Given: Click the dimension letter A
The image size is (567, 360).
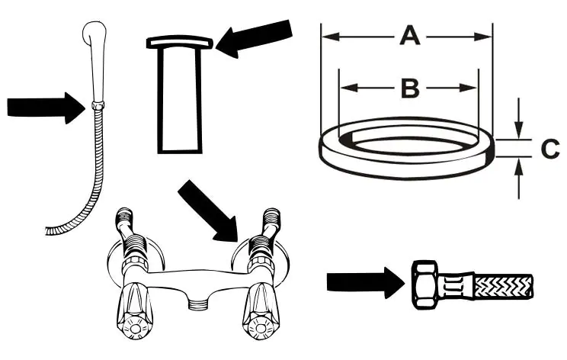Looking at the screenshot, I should pyautogui.click(x=410, y=37).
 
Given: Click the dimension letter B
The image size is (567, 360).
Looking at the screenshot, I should pyautogui.click(x=409, y=88).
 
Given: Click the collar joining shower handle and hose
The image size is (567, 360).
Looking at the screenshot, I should pyautogui.click(x=96, y=104).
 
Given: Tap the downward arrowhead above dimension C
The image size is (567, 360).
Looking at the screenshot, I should pyautogui.click(x=518, y=130).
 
